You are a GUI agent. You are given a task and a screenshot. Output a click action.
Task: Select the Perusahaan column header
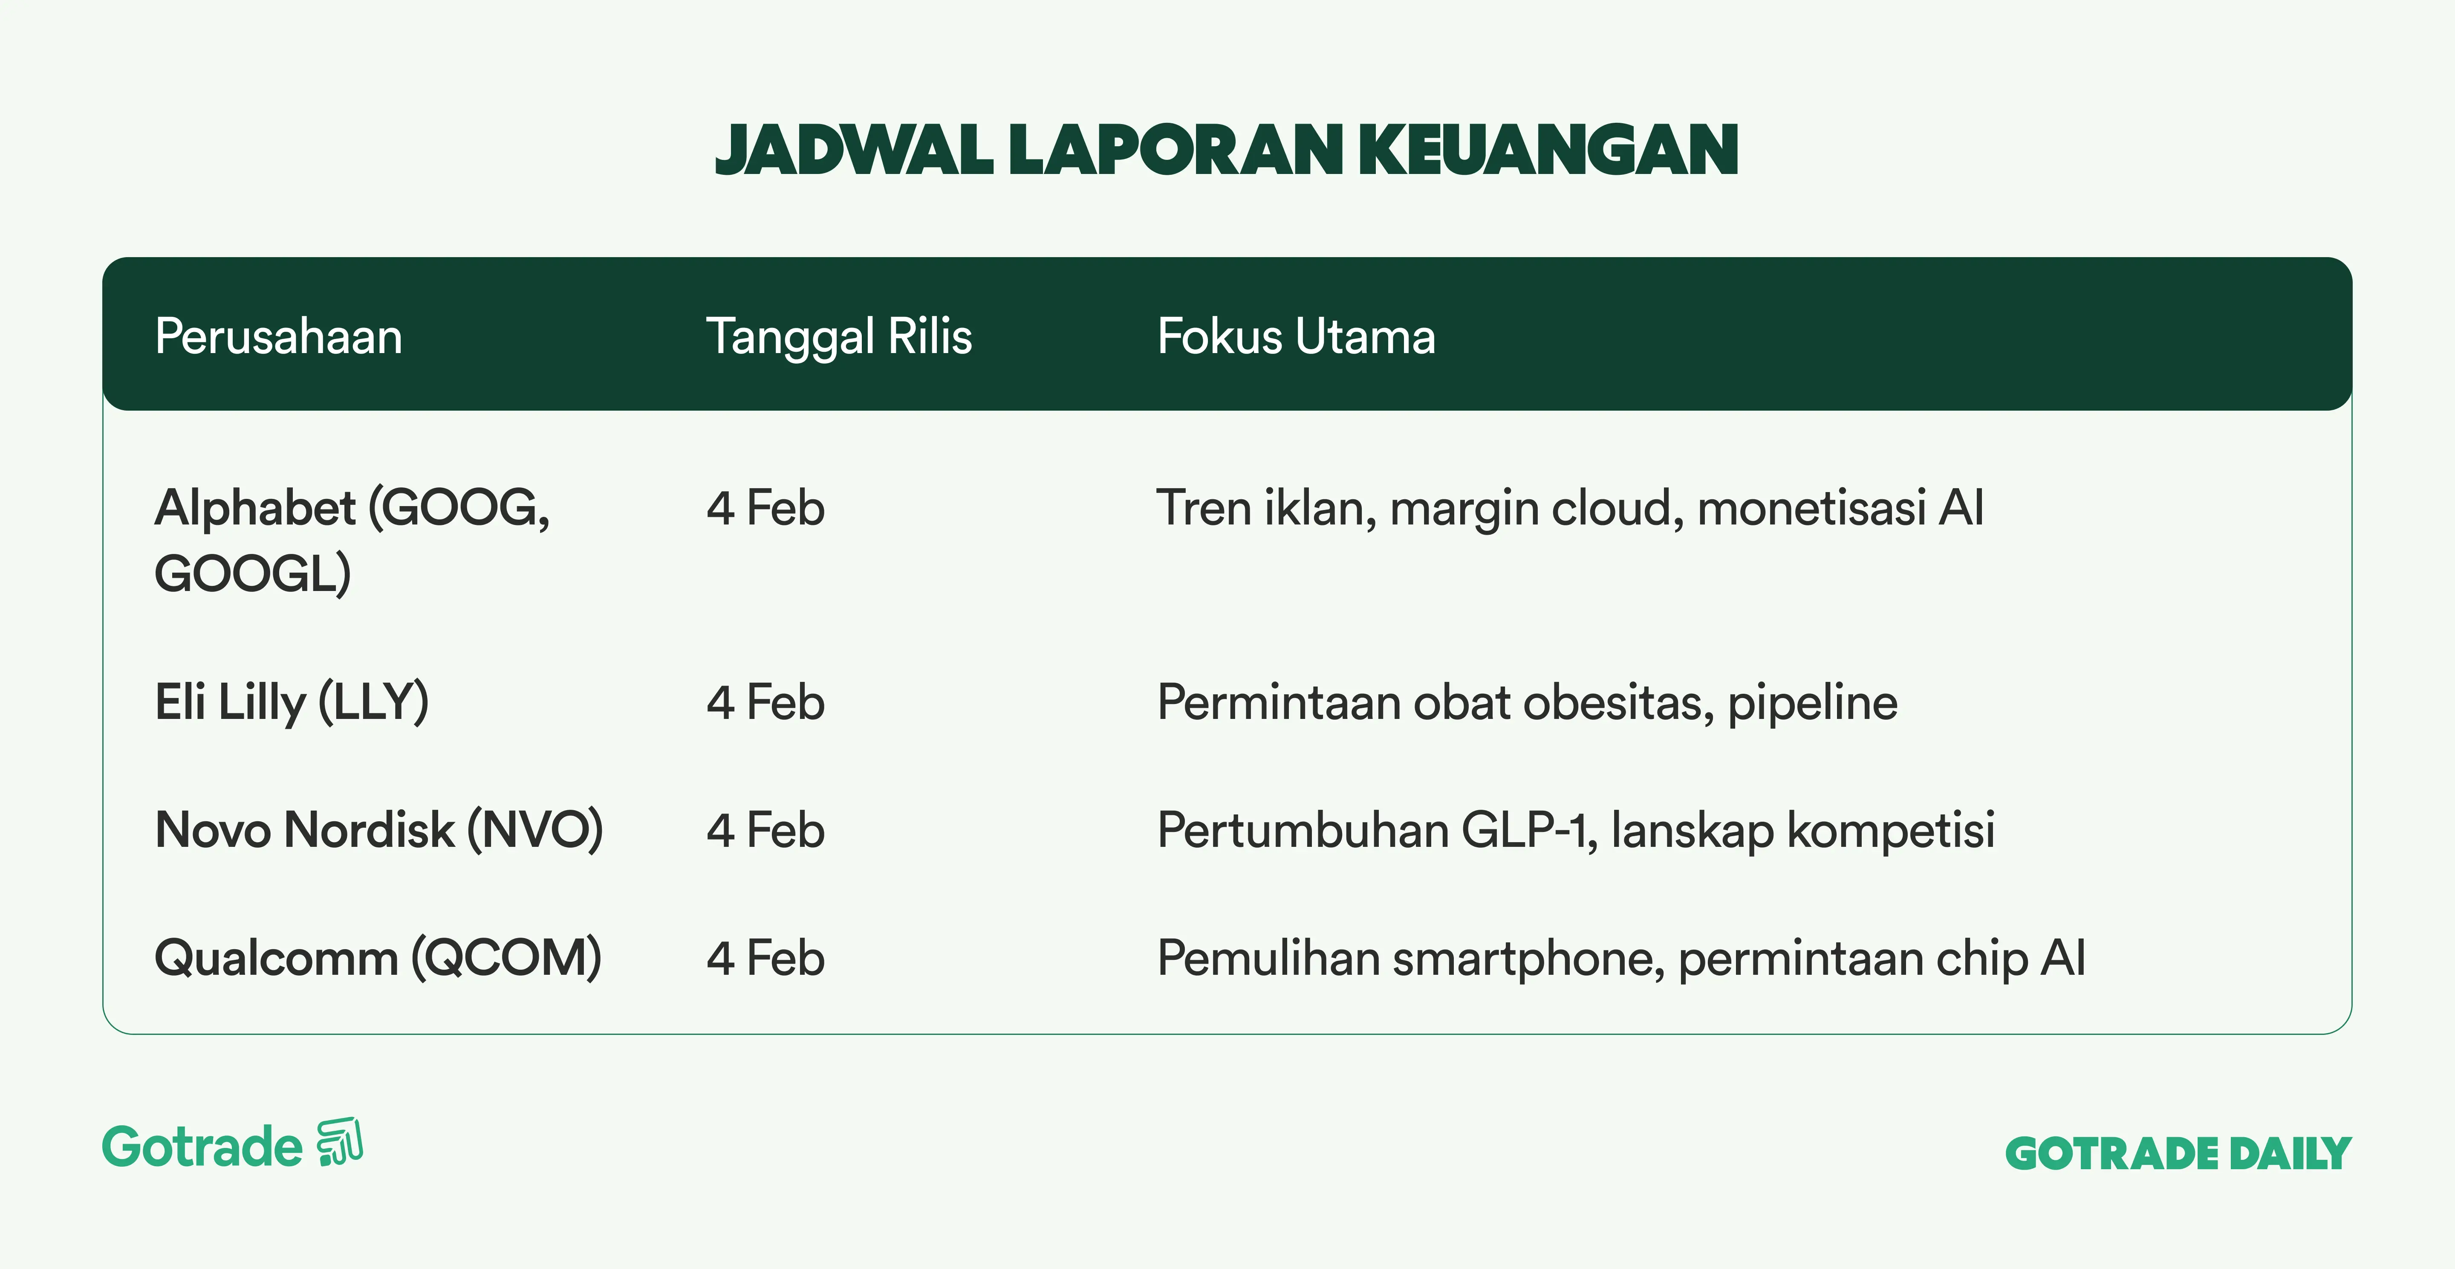(x=278, y=336)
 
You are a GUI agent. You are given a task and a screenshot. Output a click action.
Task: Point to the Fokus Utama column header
(x=1296, y=336)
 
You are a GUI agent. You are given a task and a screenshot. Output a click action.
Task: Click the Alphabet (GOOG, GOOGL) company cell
(x=352, y=540)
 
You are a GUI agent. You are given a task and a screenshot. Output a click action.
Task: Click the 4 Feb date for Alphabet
(x=765, y=508)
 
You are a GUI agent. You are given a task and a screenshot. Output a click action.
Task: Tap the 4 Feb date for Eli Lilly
(x=765, y=703)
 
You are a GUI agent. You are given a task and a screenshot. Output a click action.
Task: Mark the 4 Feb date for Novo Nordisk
(x=765, y=830)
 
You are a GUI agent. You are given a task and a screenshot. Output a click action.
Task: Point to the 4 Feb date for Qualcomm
(x=765, y=958)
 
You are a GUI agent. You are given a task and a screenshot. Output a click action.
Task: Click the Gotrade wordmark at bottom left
(x=202, y=1146)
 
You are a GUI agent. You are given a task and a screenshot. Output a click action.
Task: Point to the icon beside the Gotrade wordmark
(x=340, y=1141)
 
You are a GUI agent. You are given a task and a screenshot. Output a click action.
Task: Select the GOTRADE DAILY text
(x=2179, y=1153)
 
